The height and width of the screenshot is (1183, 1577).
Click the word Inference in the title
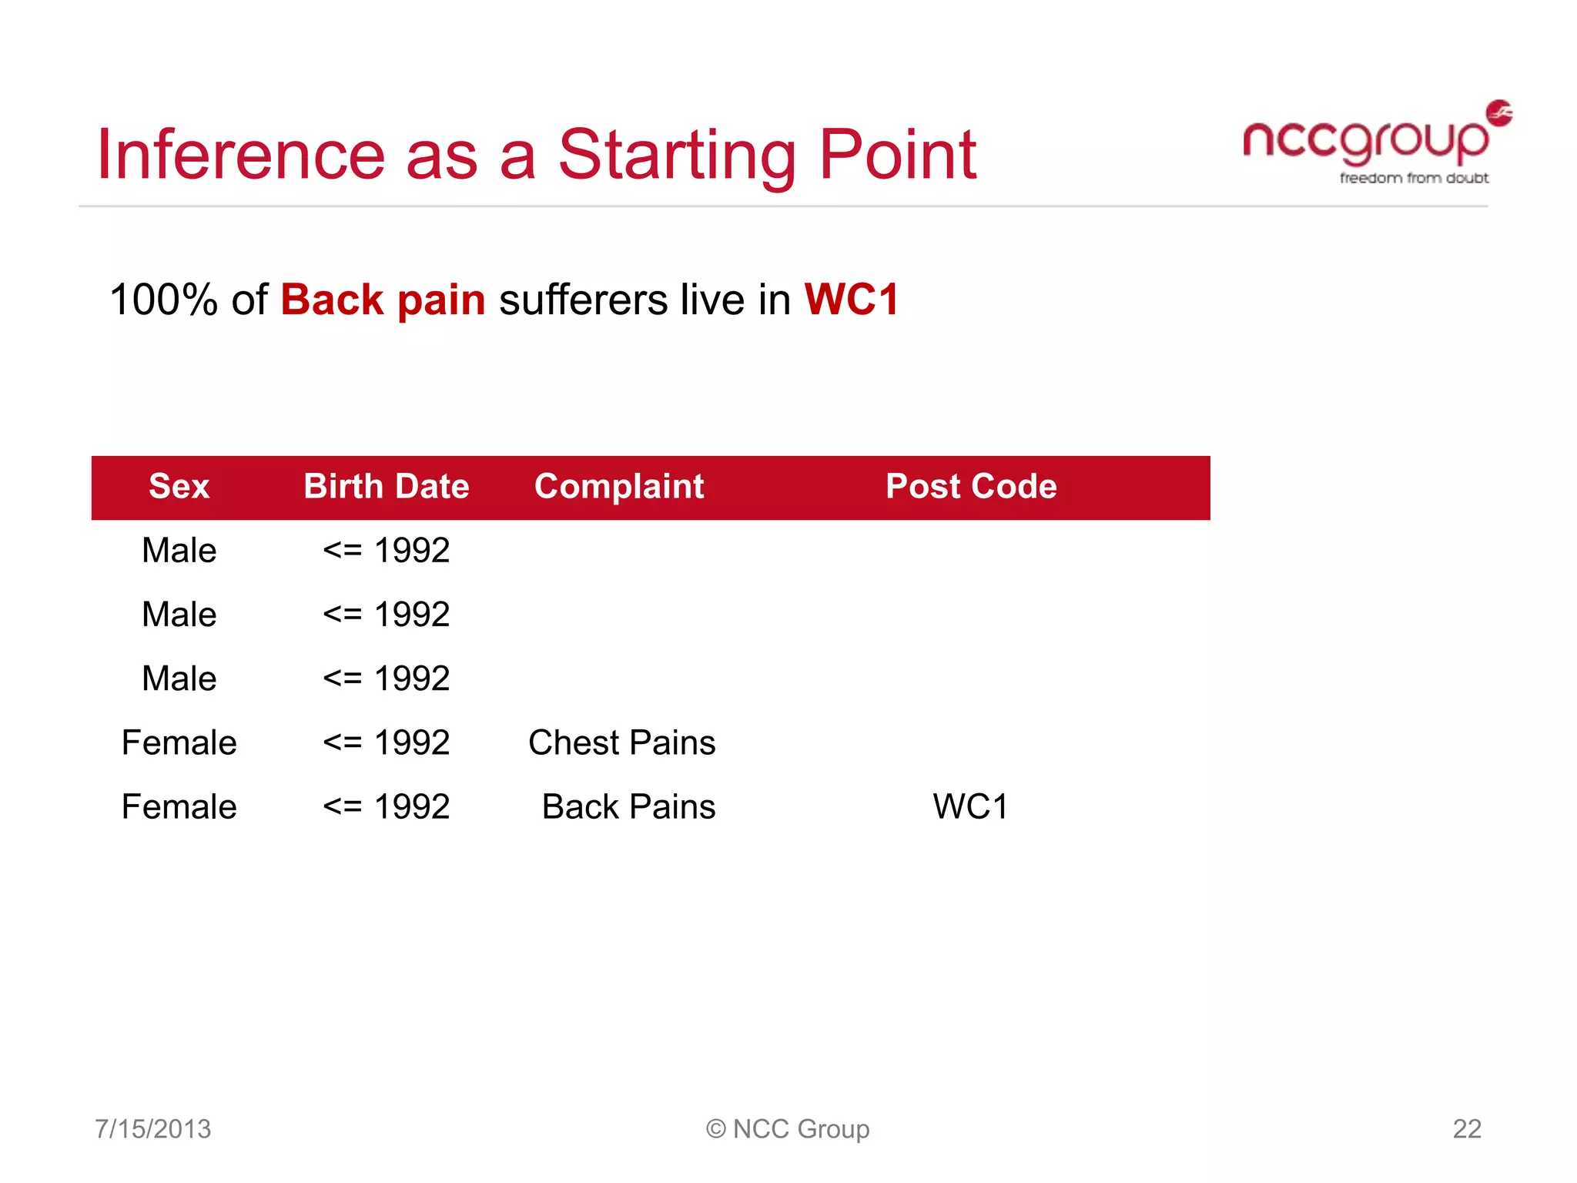click(x=240, y=155)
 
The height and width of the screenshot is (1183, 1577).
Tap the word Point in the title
click(x=897, y=155)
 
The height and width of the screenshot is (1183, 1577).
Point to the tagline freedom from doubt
click(x=1414, y=178)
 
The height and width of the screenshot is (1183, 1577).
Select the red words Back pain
click(x=383, y=300)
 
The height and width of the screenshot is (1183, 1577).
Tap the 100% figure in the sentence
click(x=163, y=300)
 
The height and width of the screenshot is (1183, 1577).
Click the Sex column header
click(x=179, y=487)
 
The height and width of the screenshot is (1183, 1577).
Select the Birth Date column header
click(x=387, y=487)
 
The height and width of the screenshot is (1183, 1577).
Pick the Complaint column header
click(x=619, y=487)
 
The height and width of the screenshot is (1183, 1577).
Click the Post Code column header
click(x=971, y=487)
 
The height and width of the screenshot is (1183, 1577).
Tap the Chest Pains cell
click(x=622, y=743)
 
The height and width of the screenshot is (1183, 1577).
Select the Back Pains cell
click(x=628, y=807)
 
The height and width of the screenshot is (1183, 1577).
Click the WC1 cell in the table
click(x=970, y=807)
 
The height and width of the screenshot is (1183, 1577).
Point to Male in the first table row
click(x=179, y=551)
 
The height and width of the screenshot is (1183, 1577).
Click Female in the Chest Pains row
click(x=179, y=743)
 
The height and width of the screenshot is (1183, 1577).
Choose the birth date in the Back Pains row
click(x=387, y=807)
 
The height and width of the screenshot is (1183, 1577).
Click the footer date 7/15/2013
click(x=152, y=1129)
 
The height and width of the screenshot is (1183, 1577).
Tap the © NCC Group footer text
click(x=788, y=1129)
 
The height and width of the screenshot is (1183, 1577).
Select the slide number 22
click(x=1466, y=1129)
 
